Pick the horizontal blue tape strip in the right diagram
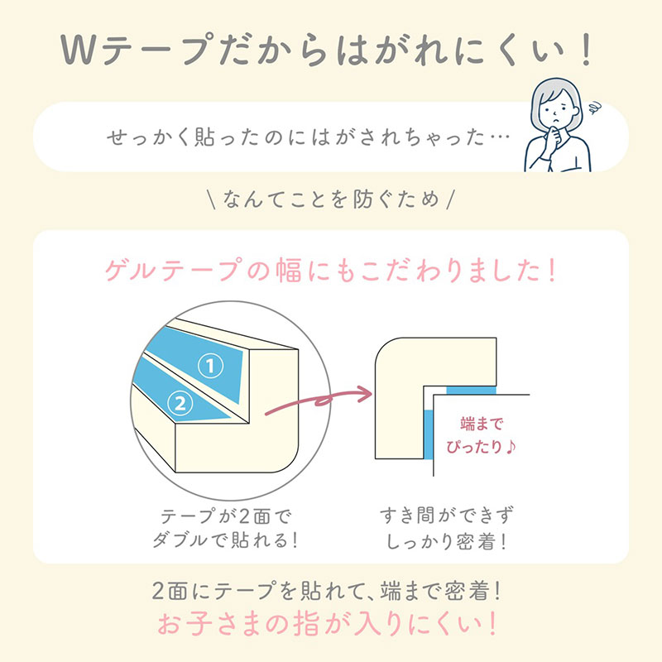(x=471, y=389)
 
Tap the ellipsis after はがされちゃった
(x=496, y=137)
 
